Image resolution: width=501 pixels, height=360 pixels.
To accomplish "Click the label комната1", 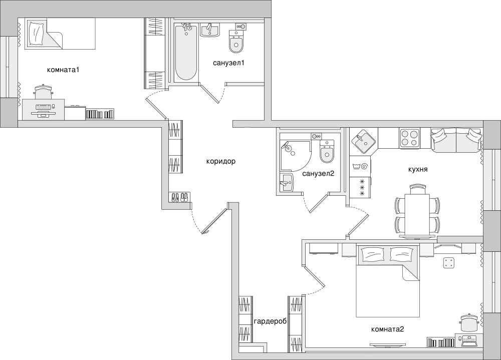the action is pos(63,70).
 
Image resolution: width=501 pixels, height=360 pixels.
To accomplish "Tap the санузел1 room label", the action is pos(229,63).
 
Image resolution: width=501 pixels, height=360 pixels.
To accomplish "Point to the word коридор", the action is pos(221,162).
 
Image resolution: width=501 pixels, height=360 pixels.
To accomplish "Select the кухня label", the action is pos(418,170).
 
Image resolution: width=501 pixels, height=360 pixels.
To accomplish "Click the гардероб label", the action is pos(271,321).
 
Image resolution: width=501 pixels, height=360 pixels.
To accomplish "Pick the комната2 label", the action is pos(388,329).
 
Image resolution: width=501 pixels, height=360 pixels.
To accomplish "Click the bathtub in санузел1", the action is pos(186,52).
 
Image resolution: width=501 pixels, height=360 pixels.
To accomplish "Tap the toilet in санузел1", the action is pos(236,42).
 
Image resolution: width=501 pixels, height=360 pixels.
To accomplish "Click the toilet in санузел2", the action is pos(327,151).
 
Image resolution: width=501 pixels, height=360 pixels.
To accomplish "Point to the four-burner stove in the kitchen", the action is pos(410,138).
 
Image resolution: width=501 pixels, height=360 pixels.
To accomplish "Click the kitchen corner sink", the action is pos(364,141).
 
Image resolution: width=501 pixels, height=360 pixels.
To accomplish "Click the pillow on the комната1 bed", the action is pos(36,34).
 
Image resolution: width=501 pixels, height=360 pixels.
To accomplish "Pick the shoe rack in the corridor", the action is pos(179,197).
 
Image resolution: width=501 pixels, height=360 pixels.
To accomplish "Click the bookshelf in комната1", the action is pos(100,114).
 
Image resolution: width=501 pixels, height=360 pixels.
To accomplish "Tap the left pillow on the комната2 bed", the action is pos(372,255).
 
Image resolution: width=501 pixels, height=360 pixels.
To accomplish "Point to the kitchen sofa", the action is pos(456,140).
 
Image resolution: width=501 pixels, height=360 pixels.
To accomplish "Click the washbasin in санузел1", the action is pos(209,31).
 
